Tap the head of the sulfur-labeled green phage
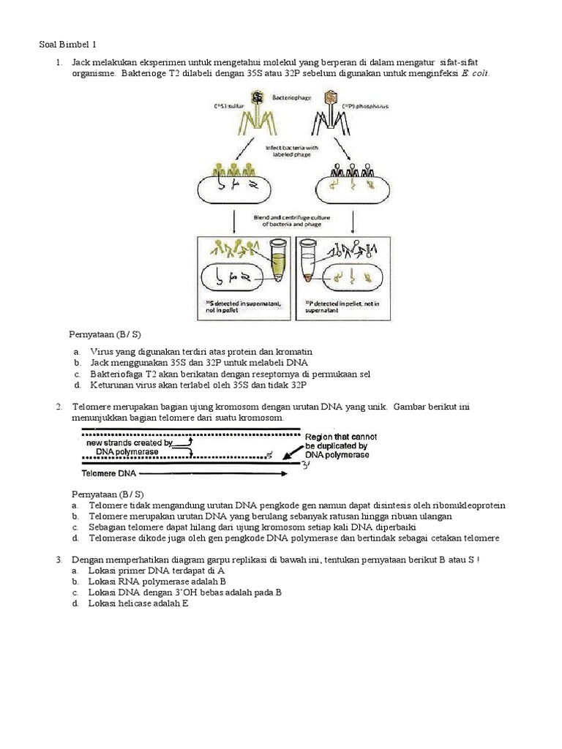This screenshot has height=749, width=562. click(x=258, y=97)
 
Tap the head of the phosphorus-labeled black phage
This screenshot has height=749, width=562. click(x=329, y=97)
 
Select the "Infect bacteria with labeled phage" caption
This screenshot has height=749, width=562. click(x=291, y=151)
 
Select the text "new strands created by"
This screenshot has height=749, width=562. click(x=130, y=443)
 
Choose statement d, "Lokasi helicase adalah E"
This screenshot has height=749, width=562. click(x=138, y=603)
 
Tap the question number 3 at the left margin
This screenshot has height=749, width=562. click(x=58, y=560)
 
